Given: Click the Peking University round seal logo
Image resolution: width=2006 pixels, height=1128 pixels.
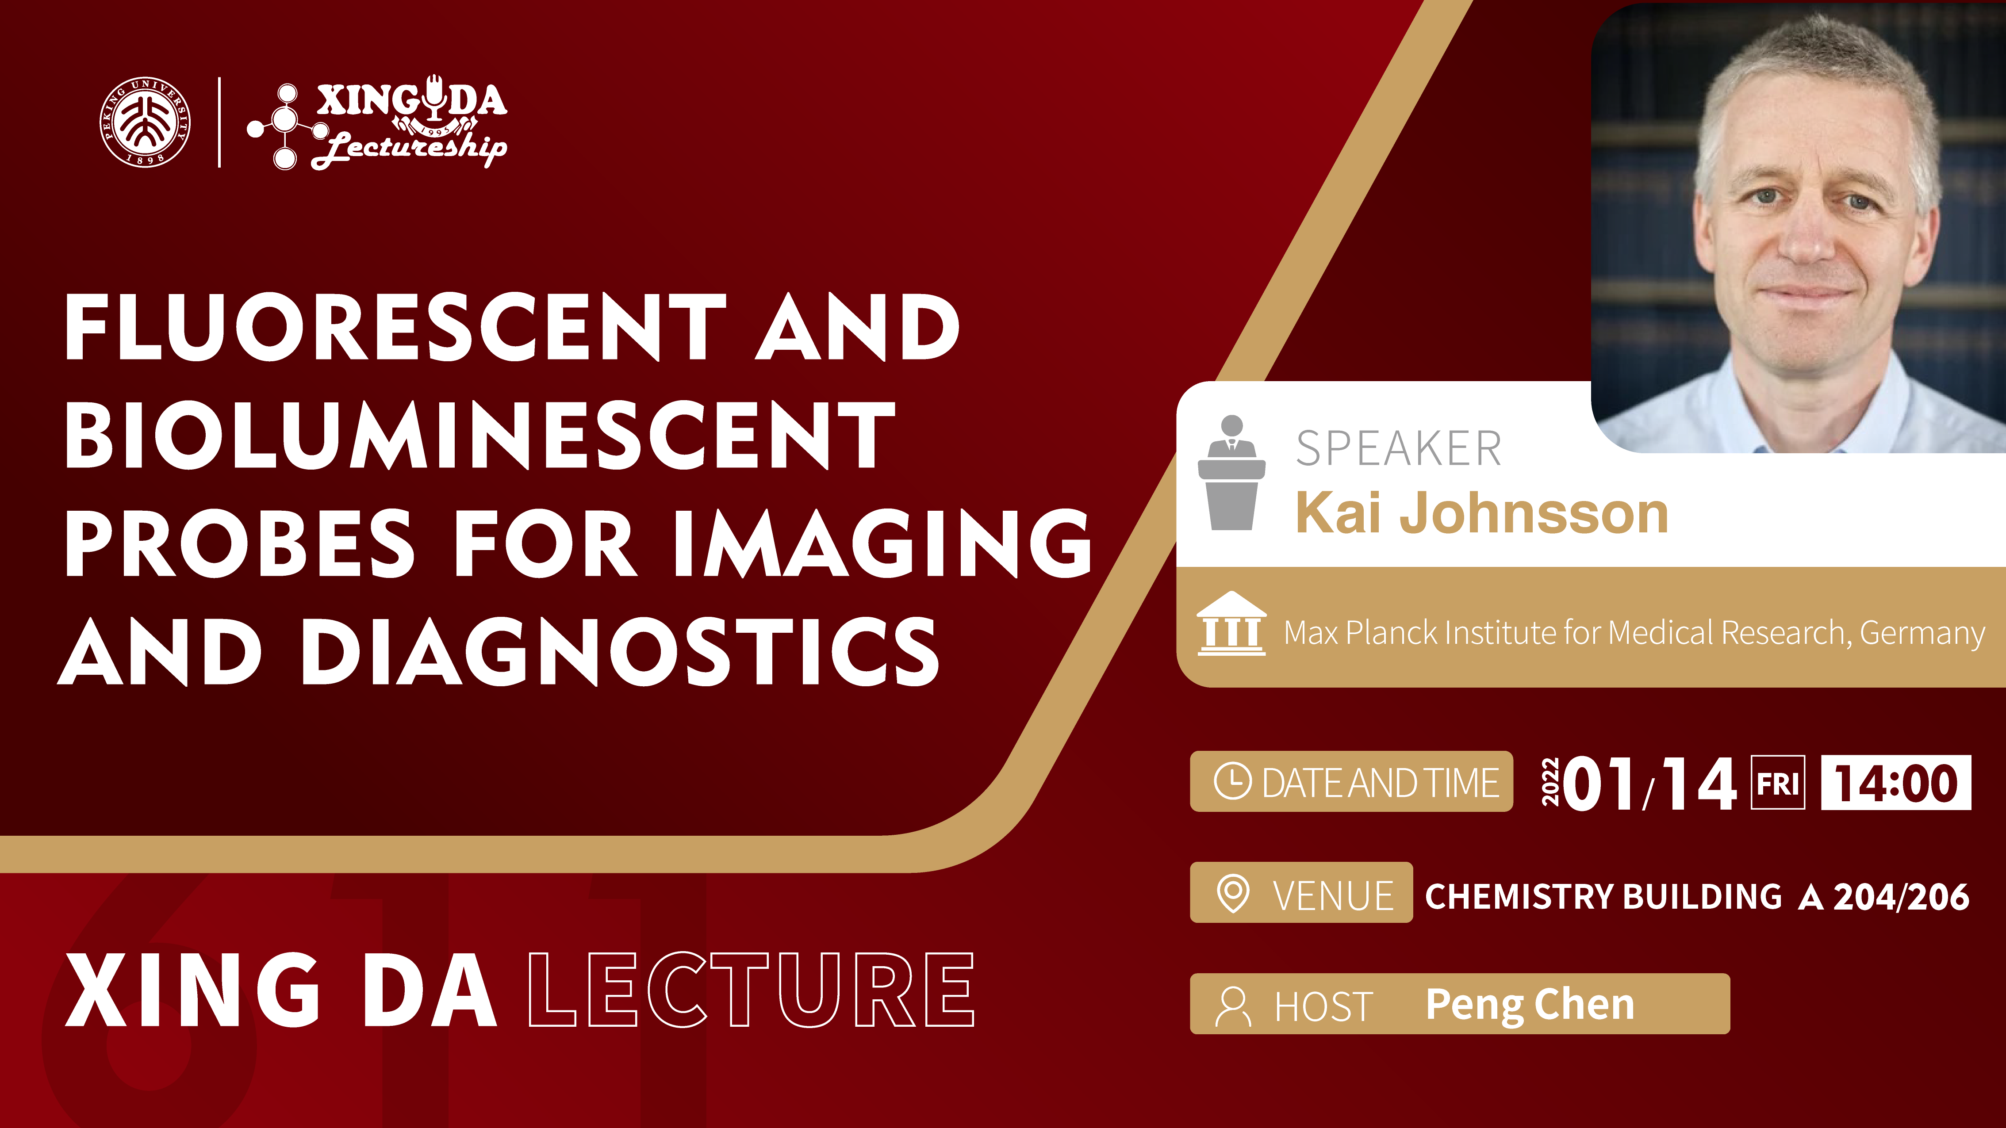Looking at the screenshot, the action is point(145,122).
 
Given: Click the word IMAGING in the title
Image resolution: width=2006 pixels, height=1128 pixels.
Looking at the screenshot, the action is point(883,543).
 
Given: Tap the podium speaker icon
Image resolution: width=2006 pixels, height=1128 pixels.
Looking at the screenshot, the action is point(1231,473).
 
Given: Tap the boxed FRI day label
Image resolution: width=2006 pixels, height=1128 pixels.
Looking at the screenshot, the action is point(1778,782).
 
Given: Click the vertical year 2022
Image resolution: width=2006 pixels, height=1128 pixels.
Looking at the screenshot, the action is point(1550,782).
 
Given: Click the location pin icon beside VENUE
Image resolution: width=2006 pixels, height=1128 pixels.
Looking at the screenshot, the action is point(1233,893).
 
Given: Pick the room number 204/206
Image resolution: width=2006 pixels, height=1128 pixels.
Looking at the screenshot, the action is point(1901,897).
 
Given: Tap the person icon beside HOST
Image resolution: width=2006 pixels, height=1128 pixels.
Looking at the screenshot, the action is point(1233,1006).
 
